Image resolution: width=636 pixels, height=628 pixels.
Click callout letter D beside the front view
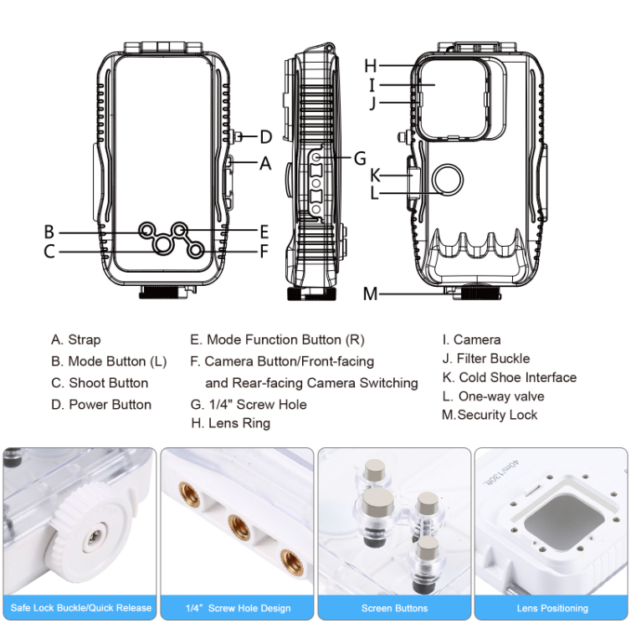tap(266, 137)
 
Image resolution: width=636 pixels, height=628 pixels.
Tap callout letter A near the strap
tap(266, 164)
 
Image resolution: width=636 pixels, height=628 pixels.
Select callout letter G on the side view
tap(360, 157)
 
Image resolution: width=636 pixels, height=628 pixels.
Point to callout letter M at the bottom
tap(371, 294)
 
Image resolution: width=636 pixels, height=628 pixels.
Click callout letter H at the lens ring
tap(372, 65)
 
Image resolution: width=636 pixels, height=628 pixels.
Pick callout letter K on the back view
tap(376, 175)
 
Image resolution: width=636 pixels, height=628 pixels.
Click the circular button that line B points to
tap(147, 230)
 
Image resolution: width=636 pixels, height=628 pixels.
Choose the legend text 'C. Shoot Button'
tap(100, 383)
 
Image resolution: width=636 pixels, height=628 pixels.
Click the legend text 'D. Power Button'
tap(101, 405)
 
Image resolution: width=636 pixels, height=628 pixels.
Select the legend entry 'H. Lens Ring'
tap(230, 423)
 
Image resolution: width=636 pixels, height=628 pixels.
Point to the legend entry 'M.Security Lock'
tap(490, 415)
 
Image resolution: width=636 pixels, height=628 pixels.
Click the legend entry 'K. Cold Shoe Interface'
tap(510, 377)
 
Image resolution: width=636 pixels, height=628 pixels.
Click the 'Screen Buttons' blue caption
tap(395, 608)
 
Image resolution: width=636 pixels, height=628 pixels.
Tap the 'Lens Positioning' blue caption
tap(552, 608)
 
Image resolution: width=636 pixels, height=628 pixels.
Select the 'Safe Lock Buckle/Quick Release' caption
tap(80, 608)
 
